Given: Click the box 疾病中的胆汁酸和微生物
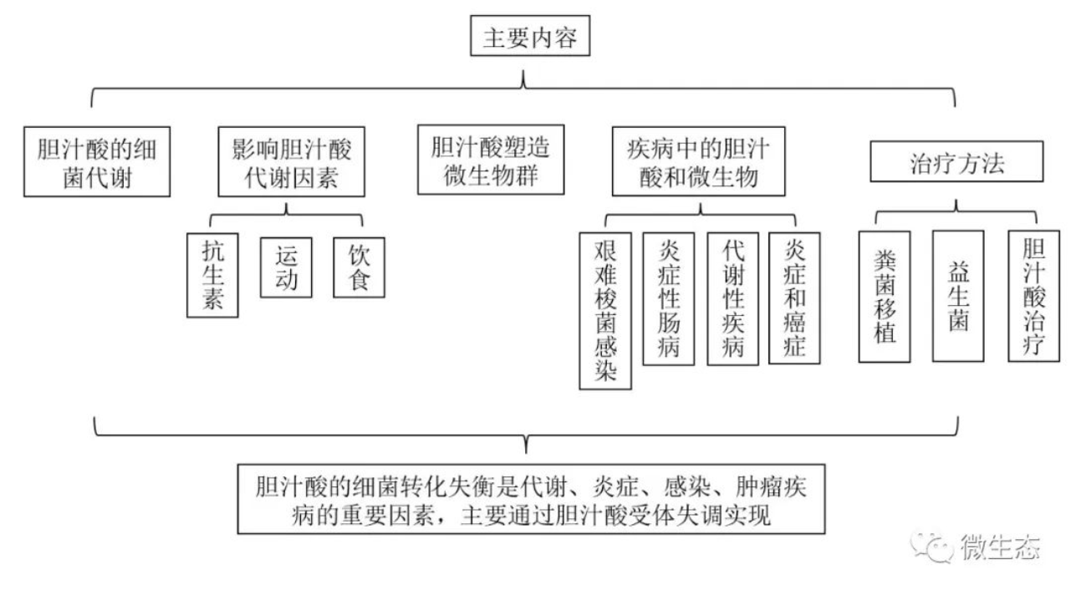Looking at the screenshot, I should [697, 161].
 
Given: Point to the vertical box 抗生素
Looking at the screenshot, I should [213, 275].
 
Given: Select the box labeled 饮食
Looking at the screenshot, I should [359, 267].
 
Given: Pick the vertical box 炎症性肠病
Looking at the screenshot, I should [669, 298].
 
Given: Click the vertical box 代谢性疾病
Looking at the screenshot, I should [732, 298].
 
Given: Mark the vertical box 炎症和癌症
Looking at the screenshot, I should [794, 298].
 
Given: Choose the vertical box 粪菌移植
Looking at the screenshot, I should [885, 297].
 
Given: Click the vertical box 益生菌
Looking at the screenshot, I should [958, 297].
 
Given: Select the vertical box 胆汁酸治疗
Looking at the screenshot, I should [1033, 297].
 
